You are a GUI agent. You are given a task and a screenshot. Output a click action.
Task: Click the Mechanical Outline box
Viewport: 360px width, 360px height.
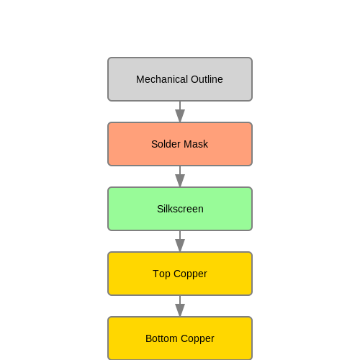(180, 79)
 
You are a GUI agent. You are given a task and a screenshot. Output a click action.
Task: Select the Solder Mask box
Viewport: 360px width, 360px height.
(180, 144)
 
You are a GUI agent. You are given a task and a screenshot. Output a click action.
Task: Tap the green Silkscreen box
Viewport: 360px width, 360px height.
(180, 209)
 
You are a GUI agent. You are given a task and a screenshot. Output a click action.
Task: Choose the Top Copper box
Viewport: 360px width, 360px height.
(180, 274)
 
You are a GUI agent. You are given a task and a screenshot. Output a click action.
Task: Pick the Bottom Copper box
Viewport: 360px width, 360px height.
(180, 338)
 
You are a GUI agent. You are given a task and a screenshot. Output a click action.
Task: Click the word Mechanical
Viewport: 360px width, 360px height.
(162, 79)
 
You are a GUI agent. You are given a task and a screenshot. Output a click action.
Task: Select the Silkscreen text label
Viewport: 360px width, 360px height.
(180, 209)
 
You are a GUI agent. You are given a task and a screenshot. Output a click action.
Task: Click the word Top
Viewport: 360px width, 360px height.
(161, 274)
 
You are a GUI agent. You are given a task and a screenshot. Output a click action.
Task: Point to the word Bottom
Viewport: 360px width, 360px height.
(161, 338)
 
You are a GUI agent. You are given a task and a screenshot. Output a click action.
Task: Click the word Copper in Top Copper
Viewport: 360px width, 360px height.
(190, 274)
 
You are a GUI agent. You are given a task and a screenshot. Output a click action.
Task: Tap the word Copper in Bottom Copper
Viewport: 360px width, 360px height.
(197, 339)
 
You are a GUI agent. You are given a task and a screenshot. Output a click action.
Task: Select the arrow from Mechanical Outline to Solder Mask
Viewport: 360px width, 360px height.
(180, 112)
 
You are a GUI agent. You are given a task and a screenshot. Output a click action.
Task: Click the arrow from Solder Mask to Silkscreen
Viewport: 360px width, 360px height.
(180, 176)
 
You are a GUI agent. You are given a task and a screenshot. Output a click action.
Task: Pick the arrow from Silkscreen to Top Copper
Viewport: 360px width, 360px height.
(180, 241)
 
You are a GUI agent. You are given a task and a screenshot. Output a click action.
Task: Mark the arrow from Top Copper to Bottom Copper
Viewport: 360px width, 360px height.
(180, 306)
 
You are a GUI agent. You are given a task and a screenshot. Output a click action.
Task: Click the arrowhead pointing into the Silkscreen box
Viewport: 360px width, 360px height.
(180, 181)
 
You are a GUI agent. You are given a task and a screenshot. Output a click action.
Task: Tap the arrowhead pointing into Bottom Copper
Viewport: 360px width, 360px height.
(180, 310)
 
